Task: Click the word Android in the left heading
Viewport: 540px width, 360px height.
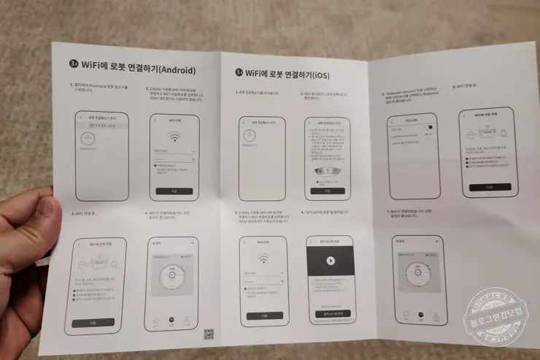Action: (x=177, y=71)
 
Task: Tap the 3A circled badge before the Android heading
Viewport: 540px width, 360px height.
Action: (x=73, y=64)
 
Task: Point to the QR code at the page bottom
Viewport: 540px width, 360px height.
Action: (x=208, y=335)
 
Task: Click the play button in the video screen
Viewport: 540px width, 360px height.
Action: (x=330, y=260)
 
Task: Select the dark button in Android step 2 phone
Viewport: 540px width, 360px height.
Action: (x=174, y=191)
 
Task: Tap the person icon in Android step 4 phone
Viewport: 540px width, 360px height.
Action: (x=187, y=319)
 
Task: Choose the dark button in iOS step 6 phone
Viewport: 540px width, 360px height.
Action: (x=490, y=187)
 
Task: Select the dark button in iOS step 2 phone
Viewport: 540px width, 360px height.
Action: (x=328, y=191)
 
